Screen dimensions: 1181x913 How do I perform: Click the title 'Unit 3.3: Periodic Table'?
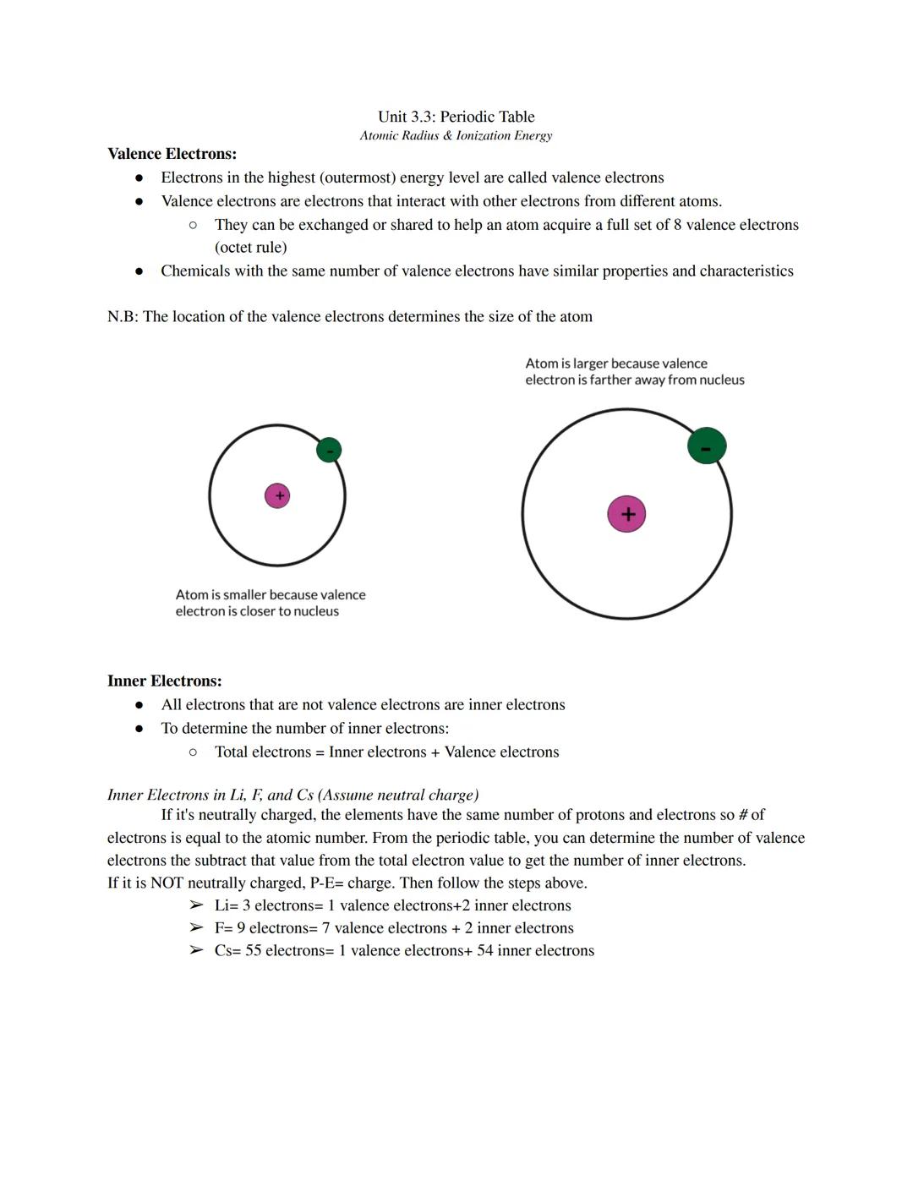[456, 117]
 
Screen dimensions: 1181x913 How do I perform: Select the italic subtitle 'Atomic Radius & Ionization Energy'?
[456, 135]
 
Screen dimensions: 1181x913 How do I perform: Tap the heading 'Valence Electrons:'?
[172, 154]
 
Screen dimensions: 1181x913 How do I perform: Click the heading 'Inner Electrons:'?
[164, 681]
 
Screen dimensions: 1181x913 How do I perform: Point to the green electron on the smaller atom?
[329, 450]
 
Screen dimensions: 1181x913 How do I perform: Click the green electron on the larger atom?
[707, 446]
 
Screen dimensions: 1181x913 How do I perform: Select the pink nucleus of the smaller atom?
[277, 495]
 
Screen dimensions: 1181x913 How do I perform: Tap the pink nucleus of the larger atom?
[626, 514]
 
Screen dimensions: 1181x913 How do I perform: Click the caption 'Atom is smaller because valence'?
[271, 595]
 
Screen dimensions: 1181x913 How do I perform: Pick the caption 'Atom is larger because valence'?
[616, 364]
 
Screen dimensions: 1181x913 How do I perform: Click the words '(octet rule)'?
[250, 248]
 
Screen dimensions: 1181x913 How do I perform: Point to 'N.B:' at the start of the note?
[123, 317]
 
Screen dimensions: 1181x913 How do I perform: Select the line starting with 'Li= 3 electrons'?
[392, 905]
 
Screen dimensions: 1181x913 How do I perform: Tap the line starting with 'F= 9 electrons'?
[393, 928]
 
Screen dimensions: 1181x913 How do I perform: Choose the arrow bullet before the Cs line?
[196, 951]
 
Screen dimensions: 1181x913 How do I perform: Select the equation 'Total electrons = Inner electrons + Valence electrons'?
[386, 752]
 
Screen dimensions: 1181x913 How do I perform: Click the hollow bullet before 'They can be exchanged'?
[194, 225]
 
